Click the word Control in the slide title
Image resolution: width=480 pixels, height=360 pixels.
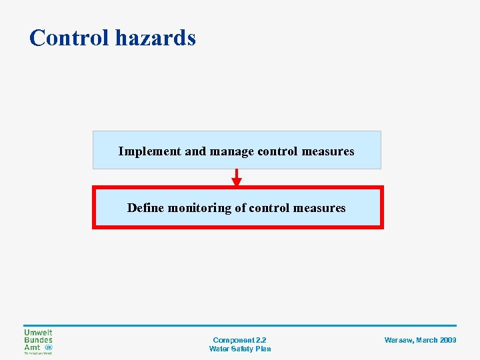[x=69, y=38]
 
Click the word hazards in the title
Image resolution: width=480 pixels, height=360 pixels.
[x=155, y=38]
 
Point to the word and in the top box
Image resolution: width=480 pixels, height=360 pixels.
[x=195, y=151]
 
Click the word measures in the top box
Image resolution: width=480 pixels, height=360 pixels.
[x=328, y=151]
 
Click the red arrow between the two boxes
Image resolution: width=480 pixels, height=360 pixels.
[x=237, y=179]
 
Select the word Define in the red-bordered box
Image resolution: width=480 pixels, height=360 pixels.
[x=145, y=208]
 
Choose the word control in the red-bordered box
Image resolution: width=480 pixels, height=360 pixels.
[x=269, y=208]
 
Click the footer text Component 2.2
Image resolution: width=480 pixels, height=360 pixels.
[x=239, y=340]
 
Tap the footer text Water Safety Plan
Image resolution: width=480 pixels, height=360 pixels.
[x=240, y=349]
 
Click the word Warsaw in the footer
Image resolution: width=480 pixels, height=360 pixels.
[x=398, y=340]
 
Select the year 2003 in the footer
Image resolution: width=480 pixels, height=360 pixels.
[x=448, y=340]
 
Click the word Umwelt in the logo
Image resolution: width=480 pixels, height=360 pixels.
[x=38, y=333]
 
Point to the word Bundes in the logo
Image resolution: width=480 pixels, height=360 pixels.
[x=38, y=340]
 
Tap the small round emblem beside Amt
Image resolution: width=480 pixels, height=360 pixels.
[x=48, y=347]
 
